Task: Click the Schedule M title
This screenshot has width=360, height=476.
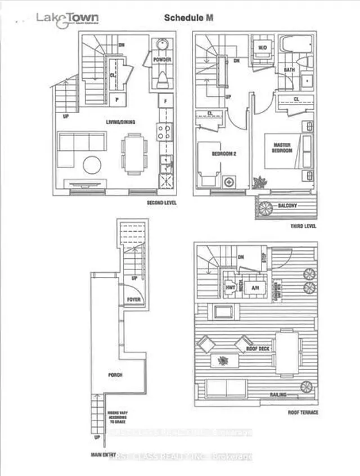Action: (189, 18)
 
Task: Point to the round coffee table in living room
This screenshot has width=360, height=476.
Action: (92, 165)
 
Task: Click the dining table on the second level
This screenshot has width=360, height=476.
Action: (134, 154)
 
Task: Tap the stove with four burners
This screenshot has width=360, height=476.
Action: (166, 132)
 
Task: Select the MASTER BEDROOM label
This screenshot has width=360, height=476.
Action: (282, 147)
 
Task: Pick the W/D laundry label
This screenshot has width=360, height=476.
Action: (262, 47)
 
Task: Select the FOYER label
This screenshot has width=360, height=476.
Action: (133, 299)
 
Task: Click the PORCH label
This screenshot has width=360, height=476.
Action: (116, 374)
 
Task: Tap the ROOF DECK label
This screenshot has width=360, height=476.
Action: (258, 349)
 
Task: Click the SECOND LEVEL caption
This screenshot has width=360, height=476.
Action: (161, 202)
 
